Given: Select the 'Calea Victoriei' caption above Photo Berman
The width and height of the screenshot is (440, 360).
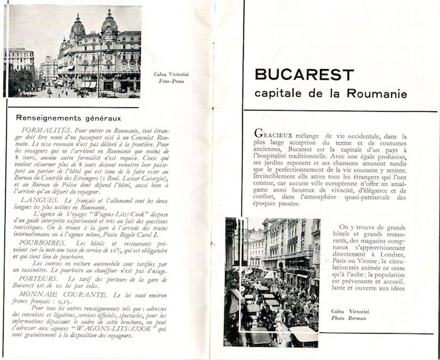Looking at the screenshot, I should [x=349, y=310].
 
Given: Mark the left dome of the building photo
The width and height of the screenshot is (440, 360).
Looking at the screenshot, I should [x=78, y=28].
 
